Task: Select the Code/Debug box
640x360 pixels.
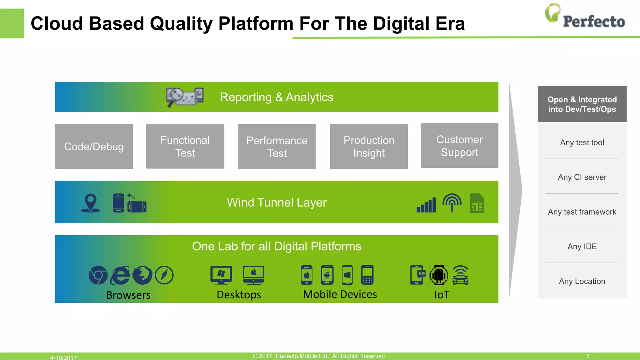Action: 94,146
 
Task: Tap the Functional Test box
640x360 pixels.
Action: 185,146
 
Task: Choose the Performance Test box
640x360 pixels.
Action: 277,147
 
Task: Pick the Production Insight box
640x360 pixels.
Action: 369,146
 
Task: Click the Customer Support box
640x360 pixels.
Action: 459,146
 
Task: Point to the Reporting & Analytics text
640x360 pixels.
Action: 277,97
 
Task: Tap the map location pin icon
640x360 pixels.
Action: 91,203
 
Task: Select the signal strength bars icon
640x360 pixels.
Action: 426,205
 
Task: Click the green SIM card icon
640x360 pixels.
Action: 477,203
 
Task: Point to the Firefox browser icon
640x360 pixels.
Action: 142,275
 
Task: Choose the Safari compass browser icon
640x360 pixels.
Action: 164,275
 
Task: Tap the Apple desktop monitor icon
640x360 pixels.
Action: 253,275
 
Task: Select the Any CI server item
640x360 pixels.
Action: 582,177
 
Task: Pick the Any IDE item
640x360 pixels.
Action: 582,247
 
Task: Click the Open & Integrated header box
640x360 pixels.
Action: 582,104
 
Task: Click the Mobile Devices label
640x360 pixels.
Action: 340,294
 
